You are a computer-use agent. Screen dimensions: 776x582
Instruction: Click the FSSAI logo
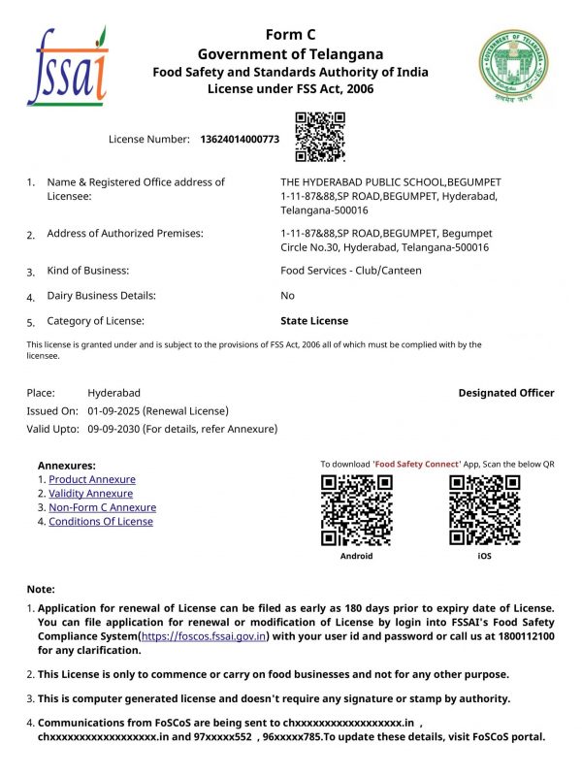point(68,66)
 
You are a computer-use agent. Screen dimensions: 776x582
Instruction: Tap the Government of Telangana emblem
point(512,65)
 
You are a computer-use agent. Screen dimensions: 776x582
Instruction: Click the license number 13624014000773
point(240,140)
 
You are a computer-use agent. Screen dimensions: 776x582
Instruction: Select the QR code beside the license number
point(320,137)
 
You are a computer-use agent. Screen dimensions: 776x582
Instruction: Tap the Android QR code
point(356,510)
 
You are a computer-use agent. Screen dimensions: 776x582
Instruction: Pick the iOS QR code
point(485,510)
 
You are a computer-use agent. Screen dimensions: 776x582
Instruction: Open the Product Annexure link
point(92,479)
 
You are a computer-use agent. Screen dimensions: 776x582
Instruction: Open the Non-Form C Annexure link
point(102,507)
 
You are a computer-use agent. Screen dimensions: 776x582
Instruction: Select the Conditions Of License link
point(101,521)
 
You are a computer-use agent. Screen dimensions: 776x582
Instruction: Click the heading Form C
point(291,35)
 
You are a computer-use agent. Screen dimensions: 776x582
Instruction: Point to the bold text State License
point(314,321)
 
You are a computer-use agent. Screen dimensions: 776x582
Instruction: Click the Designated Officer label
point(506,393)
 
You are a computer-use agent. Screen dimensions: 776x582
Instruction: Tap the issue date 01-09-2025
point(113,411)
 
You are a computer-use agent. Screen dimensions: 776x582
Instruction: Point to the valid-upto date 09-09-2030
point(113,429)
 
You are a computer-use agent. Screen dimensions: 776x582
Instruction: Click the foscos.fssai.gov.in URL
point(204,636)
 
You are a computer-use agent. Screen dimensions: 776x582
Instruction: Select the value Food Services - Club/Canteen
point(351,271)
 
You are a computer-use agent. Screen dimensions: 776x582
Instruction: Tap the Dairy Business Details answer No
point(287,296)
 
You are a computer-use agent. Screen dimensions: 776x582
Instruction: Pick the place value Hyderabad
point(114,393)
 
